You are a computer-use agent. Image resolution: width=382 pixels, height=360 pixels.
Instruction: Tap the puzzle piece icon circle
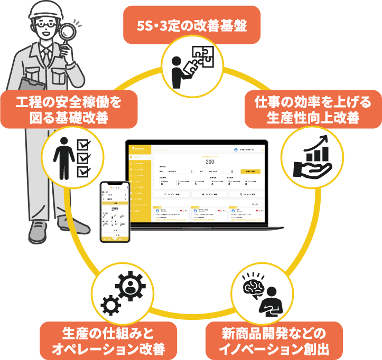pyautogui.click(x=191, y=68)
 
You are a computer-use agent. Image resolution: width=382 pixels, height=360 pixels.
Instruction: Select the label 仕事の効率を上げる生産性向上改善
pyautogui.click(x=307, y=109)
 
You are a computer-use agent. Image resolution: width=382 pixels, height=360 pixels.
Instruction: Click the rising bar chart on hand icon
pyautogui.click(x=307, y=157)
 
